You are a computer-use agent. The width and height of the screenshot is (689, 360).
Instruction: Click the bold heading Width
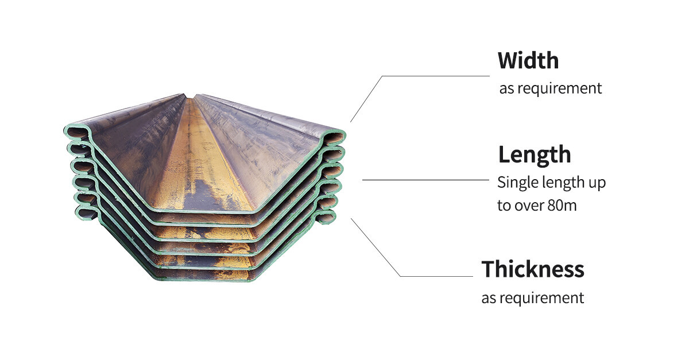click(528, 60)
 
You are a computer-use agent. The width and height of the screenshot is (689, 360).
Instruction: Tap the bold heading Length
click(535, 155)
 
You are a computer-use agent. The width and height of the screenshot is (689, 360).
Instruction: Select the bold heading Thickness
click(533, 269)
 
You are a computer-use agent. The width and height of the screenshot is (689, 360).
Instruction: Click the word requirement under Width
click(559, 88)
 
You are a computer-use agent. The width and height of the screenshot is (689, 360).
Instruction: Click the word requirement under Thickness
click(541, 298)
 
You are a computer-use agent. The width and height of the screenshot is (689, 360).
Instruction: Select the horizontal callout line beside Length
click(425, 180)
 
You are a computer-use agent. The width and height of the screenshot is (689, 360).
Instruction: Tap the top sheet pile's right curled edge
click(335, 137)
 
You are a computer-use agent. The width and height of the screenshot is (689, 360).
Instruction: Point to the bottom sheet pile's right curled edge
click(325, 217)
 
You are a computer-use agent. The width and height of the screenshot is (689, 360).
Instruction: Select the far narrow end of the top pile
click(189, 96)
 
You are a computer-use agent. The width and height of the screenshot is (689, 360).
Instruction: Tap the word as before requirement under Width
click(506, 89)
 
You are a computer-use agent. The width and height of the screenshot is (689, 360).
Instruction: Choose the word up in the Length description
click(597, 184)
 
